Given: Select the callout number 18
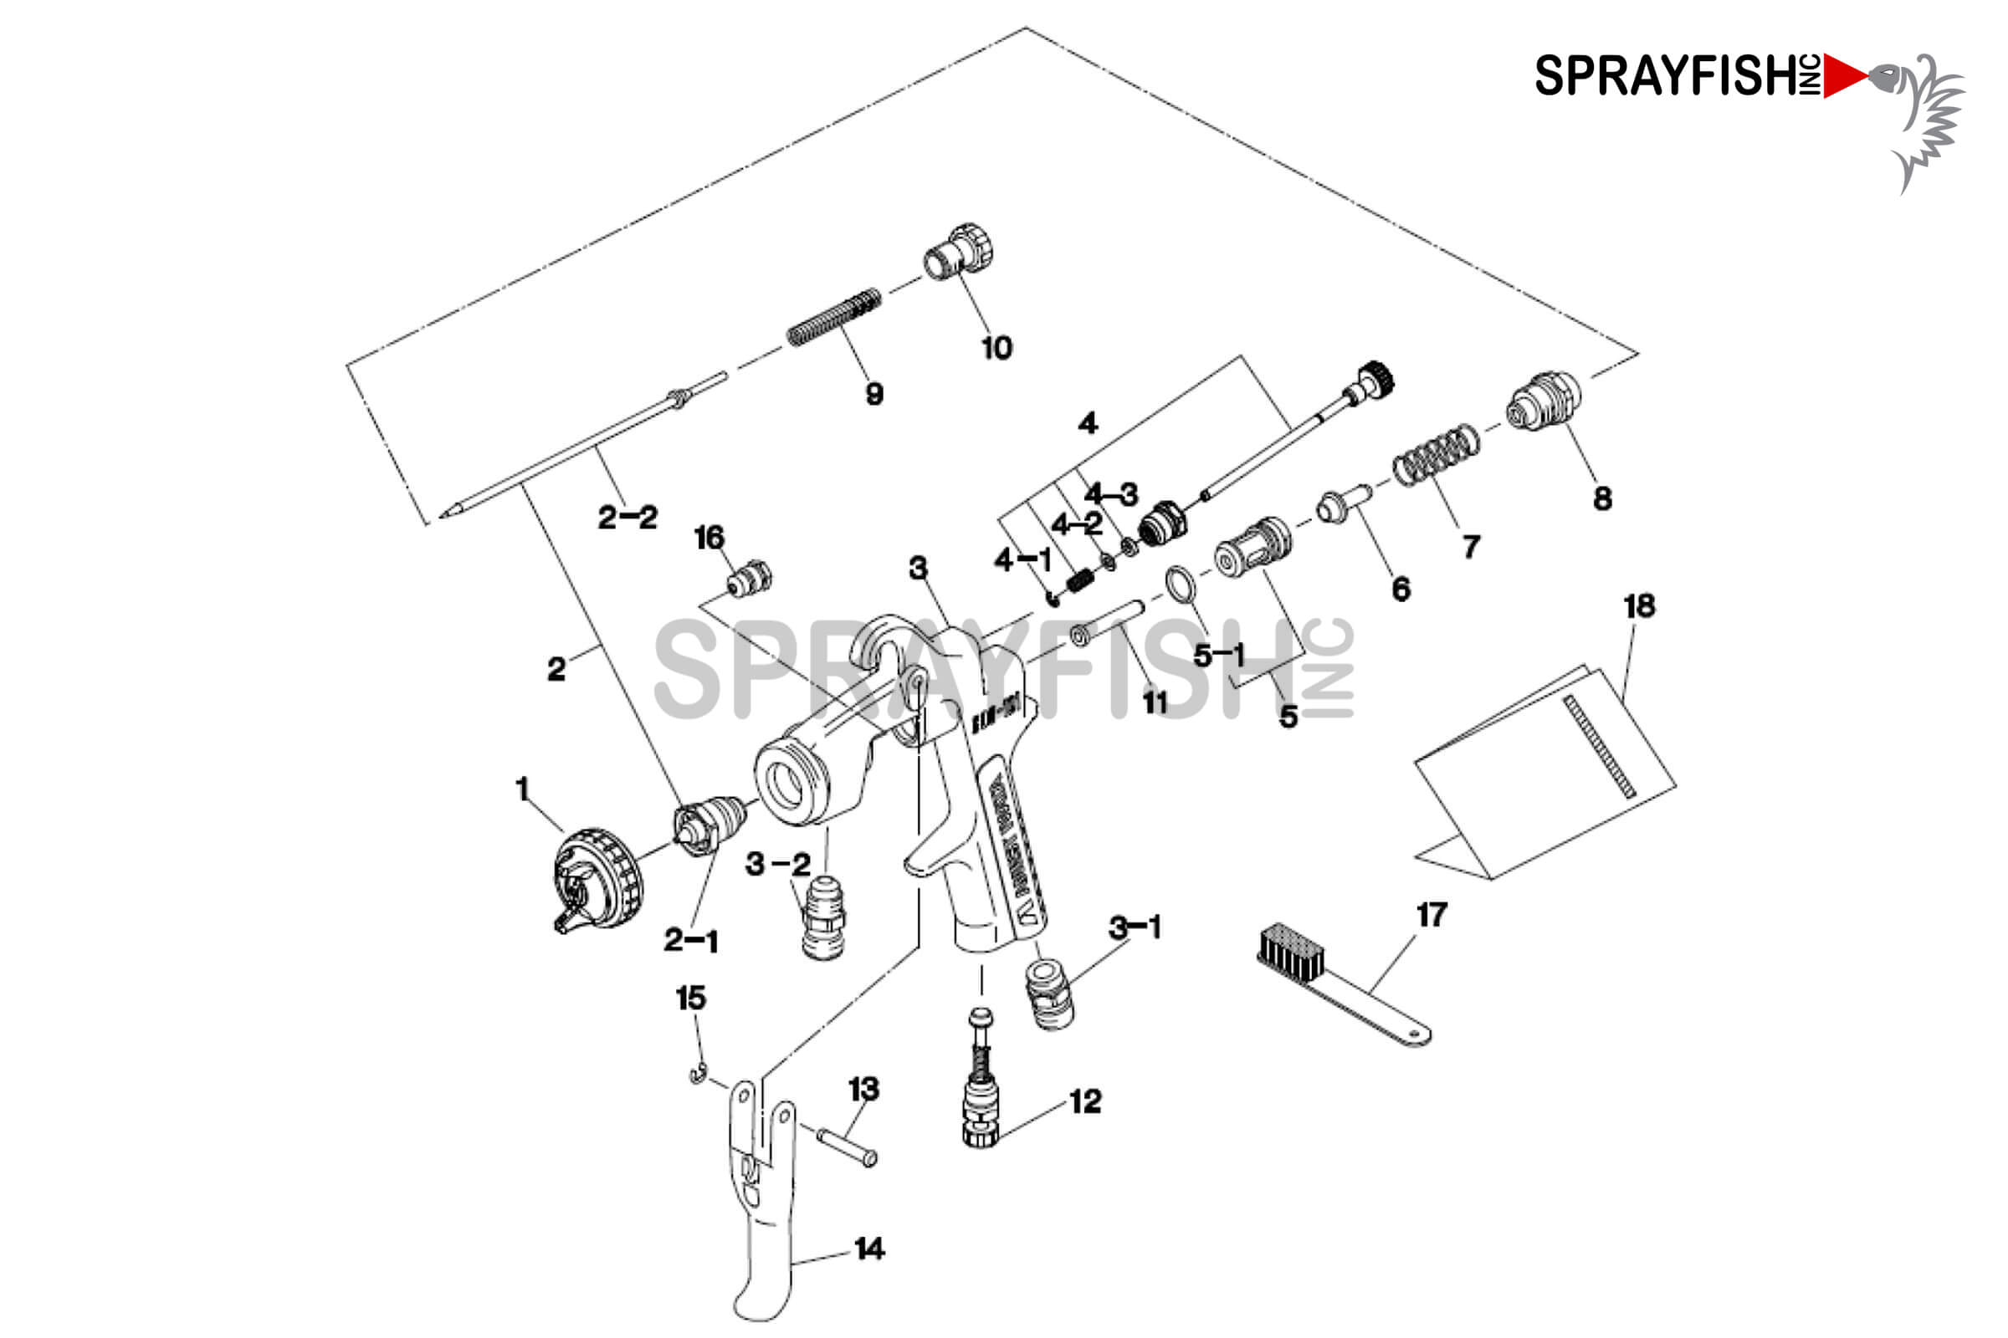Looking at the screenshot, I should coord(1639,607).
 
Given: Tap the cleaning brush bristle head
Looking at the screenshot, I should coord(1290,952).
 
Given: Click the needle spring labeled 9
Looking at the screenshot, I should coord(833,318).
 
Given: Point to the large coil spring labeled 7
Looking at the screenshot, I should coord(1436,455).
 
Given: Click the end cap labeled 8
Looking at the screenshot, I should coord(1543,401).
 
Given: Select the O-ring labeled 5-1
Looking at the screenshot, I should coord(1181,585).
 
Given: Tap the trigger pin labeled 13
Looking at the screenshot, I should coord(847,1147).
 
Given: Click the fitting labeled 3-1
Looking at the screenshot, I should coord(1049,993).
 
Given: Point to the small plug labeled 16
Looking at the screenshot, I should coord(750,580).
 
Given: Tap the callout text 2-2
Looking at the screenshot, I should coord(627,517).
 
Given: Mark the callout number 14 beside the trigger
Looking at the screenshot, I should coord(869,1249).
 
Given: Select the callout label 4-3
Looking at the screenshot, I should coord(1111,494).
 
